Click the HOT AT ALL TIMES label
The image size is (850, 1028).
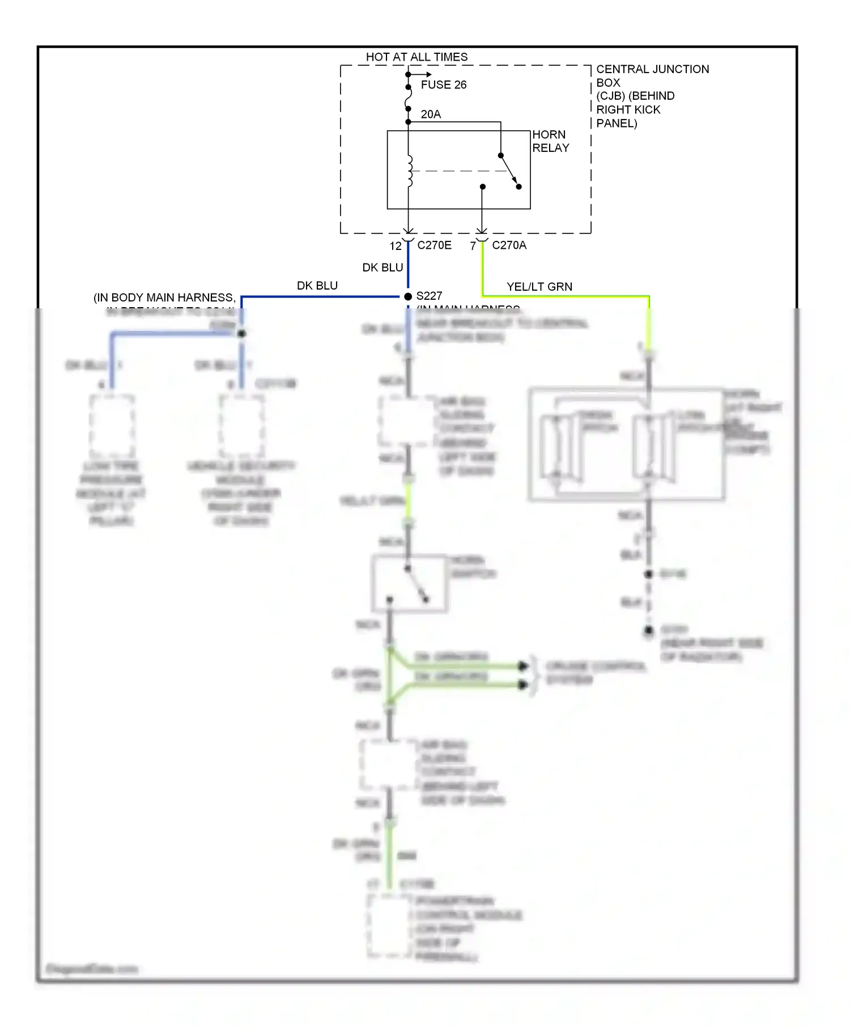[x=416, y=57]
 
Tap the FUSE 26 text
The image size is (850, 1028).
[x=443, y=85]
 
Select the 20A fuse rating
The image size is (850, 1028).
[x=431, y=114]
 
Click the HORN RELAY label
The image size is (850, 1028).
[x=550, y=141]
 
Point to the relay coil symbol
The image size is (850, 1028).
[x=409, y=171]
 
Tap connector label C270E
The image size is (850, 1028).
[x=434, y=245]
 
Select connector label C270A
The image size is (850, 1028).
[x=509, y=245]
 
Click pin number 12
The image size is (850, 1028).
[x=396, y=246]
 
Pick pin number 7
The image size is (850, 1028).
[x=473, y=246]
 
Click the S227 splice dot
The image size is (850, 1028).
[x=408, y=296]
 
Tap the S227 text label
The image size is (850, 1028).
[x=429, y=296]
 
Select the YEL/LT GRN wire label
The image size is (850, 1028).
[x=539, y=287]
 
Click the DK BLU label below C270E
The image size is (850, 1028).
[x=382, y=267]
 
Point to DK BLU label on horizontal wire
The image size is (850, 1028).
[x=317, y=286]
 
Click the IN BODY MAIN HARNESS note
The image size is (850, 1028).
[x=164, y=298]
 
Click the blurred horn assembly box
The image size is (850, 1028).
[x=626, y=444]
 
